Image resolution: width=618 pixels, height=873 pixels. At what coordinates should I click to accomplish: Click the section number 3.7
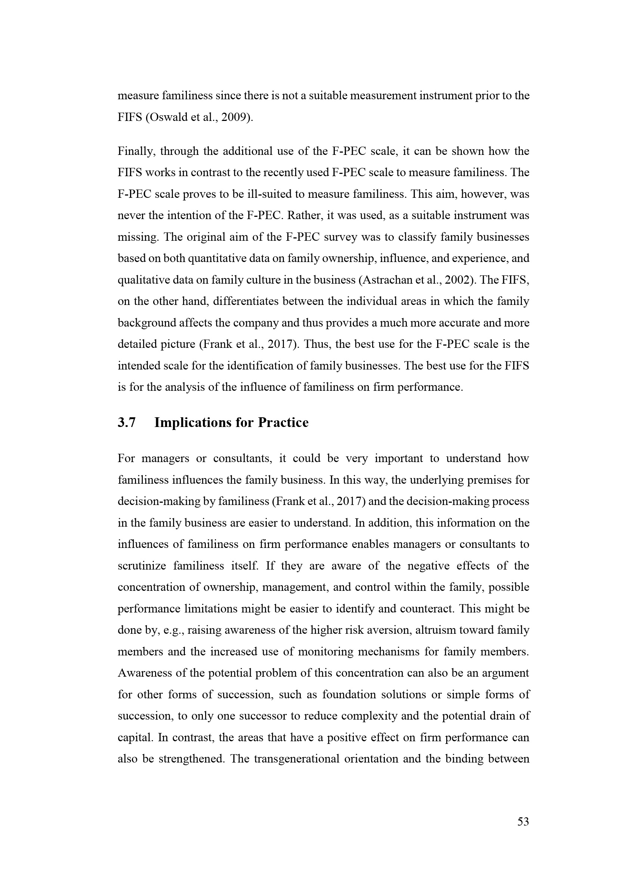(126, 423)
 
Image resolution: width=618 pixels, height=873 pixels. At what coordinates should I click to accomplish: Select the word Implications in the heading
(192, 423)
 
